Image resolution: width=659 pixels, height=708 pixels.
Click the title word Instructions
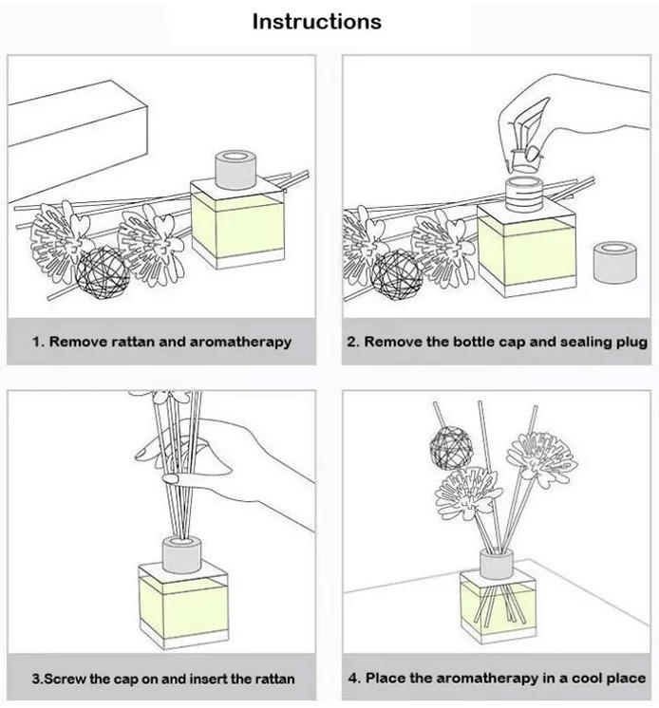(x=316, y=21)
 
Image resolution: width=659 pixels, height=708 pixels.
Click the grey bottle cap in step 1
(x=230, y=168)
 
